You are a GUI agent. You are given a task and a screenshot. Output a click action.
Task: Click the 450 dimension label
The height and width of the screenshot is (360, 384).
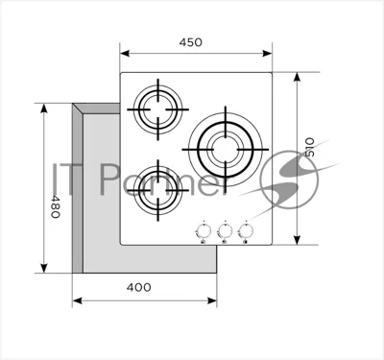[x=191, y=42]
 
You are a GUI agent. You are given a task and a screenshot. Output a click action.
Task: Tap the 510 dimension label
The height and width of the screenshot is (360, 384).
[x=309, y=147]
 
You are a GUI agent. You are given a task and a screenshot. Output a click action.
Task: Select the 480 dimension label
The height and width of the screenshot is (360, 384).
[x=56, y=206]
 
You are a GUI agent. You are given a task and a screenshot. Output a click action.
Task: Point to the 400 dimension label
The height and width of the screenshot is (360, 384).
[x=138, y=287]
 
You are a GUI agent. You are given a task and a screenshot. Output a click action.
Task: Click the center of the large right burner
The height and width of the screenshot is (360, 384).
[x=226, y=150]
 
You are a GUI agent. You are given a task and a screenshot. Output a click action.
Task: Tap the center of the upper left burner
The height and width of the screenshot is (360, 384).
[x=158, y=109]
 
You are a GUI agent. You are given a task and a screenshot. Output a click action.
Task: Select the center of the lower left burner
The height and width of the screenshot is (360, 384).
[x=158, y=191]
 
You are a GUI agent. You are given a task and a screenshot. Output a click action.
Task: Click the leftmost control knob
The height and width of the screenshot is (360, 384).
[x=204, y=230]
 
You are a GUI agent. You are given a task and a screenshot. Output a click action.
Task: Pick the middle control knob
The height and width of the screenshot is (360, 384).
[x=225, y=230]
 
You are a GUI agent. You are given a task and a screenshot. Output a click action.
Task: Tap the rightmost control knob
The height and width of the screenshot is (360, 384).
[x=246, y=230]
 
